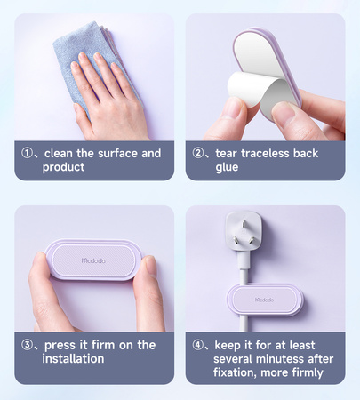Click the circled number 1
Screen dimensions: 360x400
27,153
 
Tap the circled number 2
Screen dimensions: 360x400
197,153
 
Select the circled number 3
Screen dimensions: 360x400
27,345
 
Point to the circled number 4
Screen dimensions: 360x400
197,345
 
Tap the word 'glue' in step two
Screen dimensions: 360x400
227,167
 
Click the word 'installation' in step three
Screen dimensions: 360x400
73,358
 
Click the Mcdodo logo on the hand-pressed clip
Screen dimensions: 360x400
93,260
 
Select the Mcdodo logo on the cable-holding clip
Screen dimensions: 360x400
265,300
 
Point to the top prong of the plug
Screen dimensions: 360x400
244,224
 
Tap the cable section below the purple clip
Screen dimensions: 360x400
244,324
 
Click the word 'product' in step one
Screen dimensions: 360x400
63,167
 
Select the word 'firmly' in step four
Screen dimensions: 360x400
308,372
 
